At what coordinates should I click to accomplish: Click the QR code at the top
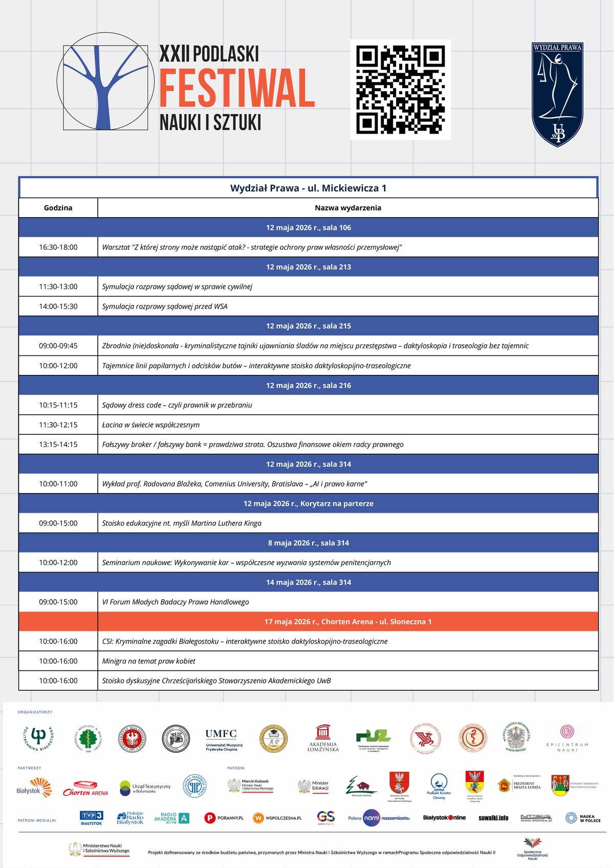(x=401, y=90)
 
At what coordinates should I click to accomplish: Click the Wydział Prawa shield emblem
(x=557, y=94)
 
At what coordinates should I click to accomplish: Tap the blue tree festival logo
(x=105, y=81)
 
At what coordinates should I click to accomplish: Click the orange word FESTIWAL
(x=237, y=88)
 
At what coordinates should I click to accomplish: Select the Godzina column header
(x=58, y=208)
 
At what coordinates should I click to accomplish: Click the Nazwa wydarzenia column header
(x=348, y=208)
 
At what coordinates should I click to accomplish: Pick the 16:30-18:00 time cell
(x=58, y=247)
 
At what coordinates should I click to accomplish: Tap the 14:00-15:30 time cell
(x=58, y=306)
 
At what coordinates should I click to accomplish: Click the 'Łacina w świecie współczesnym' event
(x=151, y=425)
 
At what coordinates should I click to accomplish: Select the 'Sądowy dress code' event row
(x=177, y=405)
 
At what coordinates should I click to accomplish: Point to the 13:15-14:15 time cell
(x=58, y=444)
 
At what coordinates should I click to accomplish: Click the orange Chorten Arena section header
(x=348, y=622)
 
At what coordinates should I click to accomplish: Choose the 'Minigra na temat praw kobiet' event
(x=149, y=661)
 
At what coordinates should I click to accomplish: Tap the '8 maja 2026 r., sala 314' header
(x=309, y=543)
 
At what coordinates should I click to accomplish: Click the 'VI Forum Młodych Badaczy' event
(x=176, y=602)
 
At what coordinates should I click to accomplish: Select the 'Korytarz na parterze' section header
(x=309, y=503)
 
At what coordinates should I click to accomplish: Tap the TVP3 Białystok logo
(x=91, y=818)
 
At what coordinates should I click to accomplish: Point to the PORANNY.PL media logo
(x=224, y=818)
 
